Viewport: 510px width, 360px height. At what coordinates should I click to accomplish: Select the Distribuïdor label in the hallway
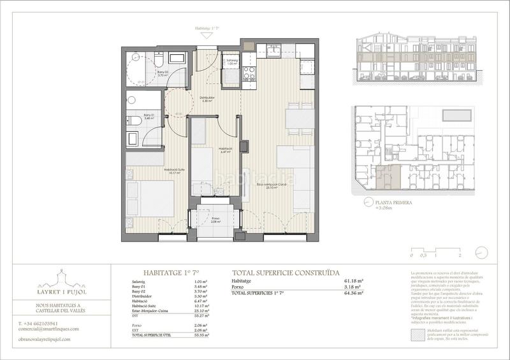point(208,99)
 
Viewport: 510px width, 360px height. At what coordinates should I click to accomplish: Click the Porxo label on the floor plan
point(215,219)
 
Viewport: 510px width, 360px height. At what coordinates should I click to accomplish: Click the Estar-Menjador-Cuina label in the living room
point(271,185)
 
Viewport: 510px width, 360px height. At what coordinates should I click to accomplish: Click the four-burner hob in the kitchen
point(249,74)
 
